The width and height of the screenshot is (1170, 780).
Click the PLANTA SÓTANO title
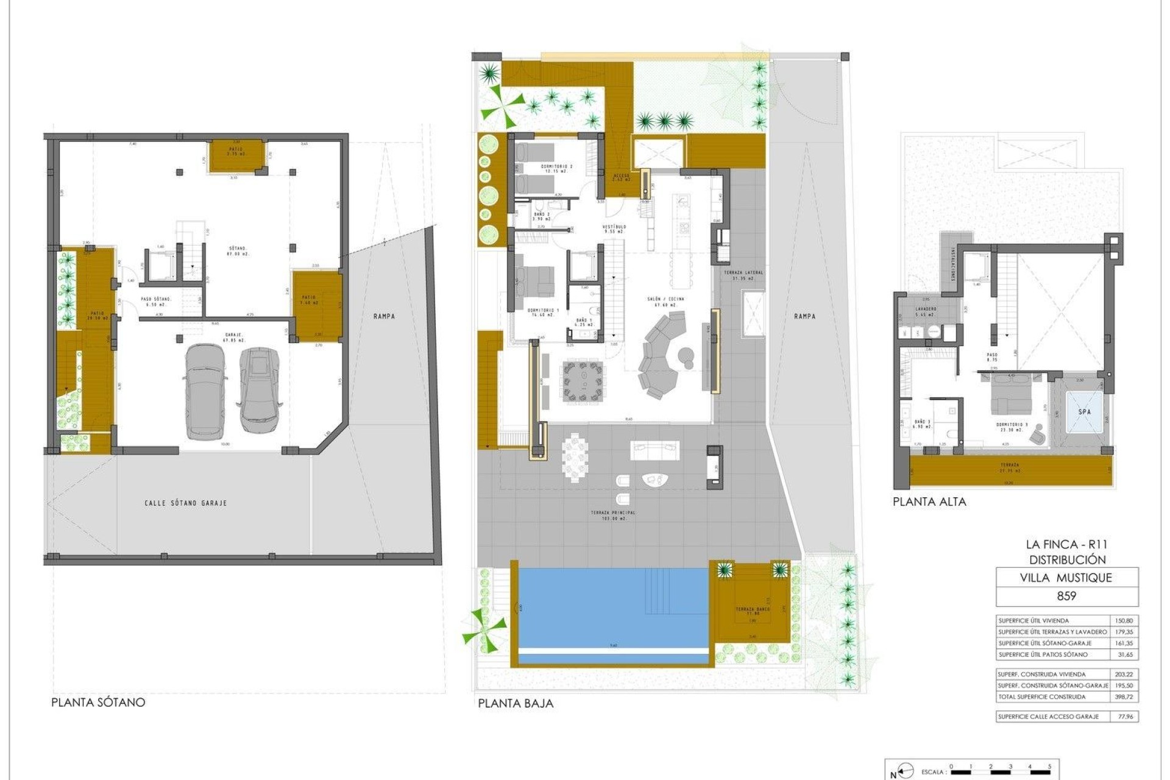tap(98, 702)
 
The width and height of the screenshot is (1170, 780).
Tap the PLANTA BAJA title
tap(516, 703)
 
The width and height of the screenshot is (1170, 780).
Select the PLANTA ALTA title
tap(929, 502)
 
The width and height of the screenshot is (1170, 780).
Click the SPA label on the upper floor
tap(1085, 412)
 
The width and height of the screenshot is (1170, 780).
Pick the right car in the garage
tap(259, 390)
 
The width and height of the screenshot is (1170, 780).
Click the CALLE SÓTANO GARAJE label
tap(186, 503)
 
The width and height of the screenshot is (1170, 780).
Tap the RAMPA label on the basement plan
tap(384, 316)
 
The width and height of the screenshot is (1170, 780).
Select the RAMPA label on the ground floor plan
tap(805, 316)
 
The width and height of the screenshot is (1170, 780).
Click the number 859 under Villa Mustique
tap(1066, 596)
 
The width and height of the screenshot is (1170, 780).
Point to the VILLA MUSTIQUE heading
tap(1066, 578)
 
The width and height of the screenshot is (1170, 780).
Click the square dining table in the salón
tap(584, 382)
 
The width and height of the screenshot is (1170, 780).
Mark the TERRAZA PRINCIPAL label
tap(613, 516)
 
